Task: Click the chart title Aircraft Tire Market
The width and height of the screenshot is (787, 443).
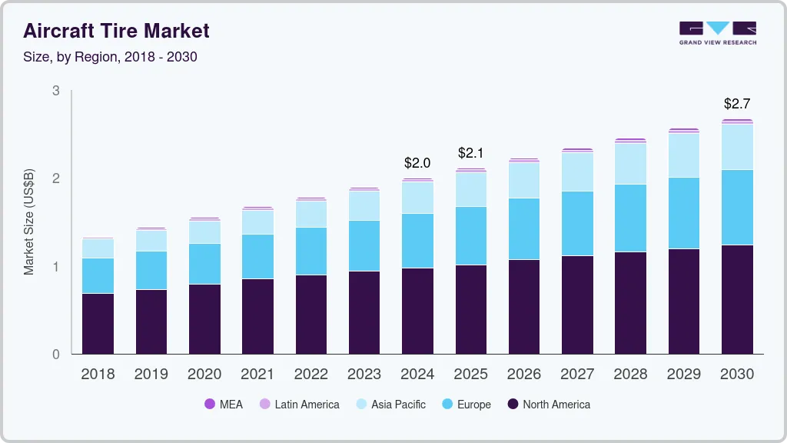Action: coord(116,31)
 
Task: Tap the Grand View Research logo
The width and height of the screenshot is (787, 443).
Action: coord(717,32)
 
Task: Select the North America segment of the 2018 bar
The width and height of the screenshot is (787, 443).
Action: coord(98,323)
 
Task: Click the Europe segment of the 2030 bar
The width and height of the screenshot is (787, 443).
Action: coord(737,207)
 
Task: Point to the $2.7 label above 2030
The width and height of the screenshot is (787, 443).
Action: coord(737,104)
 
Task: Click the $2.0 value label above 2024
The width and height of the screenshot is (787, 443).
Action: coord(417,163)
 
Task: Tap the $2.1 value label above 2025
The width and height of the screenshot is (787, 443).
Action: coord(470,153)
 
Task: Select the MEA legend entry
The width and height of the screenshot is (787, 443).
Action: coord(224,405)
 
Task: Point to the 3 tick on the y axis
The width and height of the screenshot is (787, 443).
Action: coord(55,91)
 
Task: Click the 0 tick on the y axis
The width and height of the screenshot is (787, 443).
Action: coord(55,355)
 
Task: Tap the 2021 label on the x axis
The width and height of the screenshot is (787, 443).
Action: coord(257,375)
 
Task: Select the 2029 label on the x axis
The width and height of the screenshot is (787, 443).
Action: coord(683,375)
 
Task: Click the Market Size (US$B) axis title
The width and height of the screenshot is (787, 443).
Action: coord(29,222)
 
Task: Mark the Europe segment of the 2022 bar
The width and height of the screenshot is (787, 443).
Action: coord(310,251)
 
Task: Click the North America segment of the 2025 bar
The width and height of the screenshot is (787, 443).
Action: coord(470,309)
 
